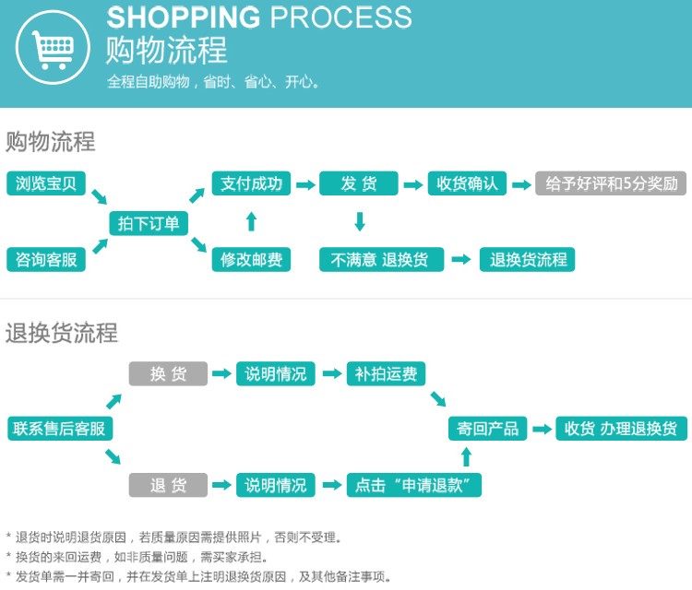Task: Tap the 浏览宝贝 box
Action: [46, 183]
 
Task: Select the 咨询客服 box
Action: [46, 260]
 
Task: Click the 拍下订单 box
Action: [148, 223]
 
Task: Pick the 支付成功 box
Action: [251, 183]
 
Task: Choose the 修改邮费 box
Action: [251, 260]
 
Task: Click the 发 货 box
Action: [359, 183]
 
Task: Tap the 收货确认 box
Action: [468, 183]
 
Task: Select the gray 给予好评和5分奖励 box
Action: [612, 183]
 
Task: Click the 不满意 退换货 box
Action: [380, 260]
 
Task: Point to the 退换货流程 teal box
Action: [529, 260]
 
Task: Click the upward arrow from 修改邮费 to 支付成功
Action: [251, 221]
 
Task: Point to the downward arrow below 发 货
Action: [360, 221]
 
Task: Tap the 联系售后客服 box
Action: [59, 429]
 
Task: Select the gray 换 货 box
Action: [168, 373]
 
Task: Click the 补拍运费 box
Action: [386, 373]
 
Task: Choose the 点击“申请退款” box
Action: [414, 485]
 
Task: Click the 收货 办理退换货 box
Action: [621, 429]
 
